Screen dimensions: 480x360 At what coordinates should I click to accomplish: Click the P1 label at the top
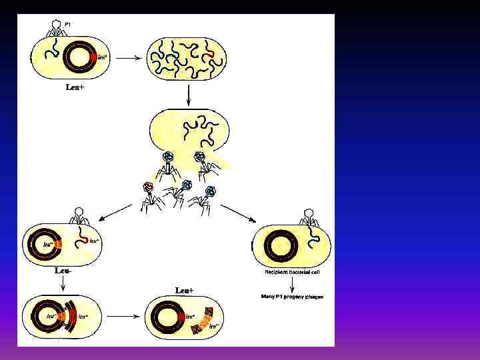pos(68,25)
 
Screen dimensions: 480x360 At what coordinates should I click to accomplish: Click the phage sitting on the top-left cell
pos(57,27)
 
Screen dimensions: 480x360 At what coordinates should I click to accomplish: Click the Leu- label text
pos(63,271)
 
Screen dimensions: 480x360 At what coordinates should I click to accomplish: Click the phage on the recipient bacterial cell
pos(308,218)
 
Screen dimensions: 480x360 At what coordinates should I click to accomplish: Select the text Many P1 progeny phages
pos(292,296)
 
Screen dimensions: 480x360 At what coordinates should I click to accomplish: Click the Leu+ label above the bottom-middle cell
pos(185,291)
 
